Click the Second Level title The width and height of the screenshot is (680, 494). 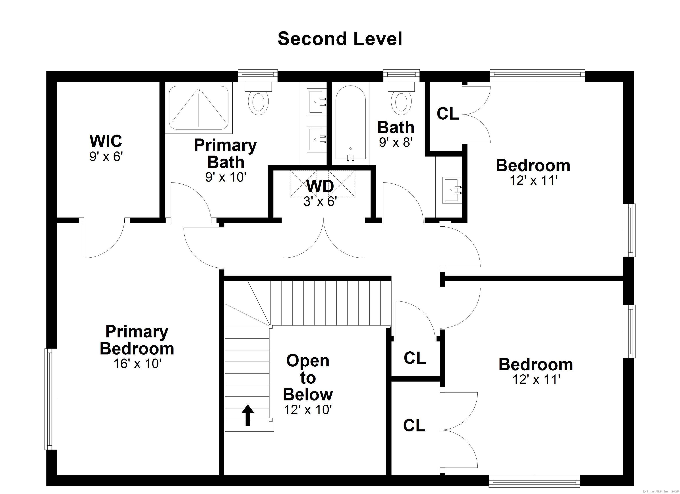click(340, 39)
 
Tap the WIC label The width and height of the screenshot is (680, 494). click(106, 141)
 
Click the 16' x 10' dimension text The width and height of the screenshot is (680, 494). click(137, 364)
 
